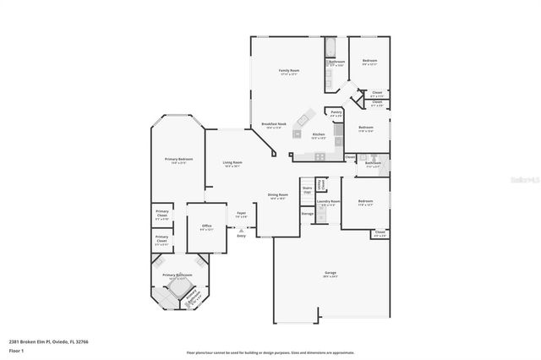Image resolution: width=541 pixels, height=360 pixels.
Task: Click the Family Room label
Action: point(289,72)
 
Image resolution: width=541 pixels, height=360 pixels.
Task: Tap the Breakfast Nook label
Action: point(272,125)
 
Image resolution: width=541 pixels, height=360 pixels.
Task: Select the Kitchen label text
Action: point(318,135)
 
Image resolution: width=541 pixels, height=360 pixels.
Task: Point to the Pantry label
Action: point(336,113)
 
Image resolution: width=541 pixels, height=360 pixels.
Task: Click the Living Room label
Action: point(232,164)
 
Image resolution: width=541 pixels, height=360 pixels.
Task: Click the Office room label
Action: point(206,226)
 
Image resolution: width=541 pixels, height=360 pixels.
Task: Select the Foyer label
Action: point(241,215)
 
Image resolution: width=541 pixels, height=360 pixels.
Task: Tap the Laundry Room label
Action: point(328,202)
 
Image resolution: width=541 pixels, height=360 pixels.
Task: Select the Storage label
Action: point(307,214)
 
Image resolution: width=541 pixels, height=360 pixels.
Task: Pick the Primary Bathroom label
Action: point(178,275)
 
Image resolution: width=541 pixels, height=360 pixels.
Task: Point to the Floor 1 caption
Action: point(17,350)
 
